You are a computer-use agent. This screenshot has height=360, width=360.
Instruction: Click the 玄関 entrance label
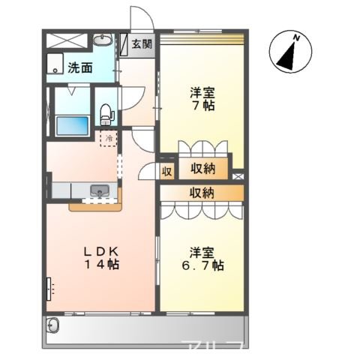pos(142,43)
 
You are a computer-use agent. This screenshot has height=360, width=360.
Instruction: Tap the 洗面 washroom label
pos(80,67)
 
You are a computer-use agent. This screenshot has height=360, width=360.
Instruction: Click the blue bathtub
pos(72,124)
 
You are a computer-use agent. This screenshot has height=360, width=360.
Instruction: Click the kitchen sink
pos(100,192)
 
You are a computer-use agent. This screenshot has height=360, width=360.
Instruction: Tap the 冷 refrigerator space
pos(109,138)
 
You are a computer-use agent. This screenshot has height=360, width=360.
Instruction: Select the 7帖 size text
pos(202,106)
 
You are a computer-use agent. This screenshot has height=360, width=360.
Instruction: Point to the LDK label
pos(101,250)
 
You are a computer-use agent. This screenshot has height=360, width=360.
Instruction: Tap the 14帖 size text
pos(101,265)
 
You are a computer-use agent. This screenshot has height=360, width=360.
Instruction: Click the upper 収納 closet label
pos(203,169)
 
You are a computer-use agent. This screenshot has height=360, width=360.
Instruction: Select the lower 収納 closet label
pos(202,193)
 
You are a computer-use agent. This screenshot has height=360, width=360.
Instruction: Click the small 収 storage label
pos(167,172)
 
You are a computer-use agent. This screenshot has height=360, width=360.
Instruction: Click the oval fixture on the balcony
pos(52,325)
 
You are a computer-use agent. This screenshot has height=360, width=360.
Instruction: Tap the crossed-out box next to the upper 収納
pos(238,177)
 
